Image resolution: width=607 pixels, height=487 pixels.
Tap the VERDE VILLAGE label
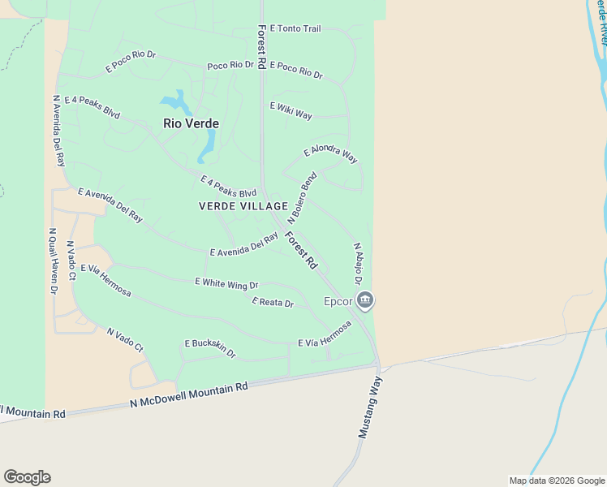[243, 206]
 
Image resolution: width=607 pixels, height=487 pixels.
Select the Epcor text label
[338, 301]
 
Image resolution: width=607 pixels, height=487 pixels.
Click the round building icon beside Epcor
[365, 301]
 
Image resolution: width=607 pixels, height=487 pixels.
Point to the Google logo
[27, 477]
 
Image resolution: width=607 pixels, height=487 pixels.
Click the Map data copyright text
[556, 481]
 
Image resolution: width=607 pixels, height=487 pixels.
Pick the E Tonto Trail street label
[295, 28]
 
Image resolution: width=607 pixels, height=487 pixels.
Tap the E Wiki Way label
[291, 111]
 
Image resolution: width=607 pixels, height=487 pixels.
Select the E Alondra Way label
[330, 154]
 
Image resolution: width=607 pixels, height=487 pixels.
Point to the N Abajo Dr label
[357, 263]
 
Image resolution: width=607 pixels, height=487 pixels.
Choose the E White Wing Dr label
[226, 284]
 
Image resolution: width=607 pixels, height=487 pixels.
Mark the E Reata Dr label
[272, 303]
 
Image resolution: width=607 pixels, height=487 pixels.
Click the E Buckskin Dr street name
[209, 348]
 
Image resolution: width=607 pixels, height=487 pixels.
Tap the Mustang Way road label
[369, 407]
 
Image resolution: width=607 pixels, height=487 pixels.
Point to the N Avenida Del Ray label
[58, 131]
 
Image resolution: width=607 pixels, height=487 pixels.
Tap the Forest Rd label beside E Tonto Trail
[261, 28]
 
